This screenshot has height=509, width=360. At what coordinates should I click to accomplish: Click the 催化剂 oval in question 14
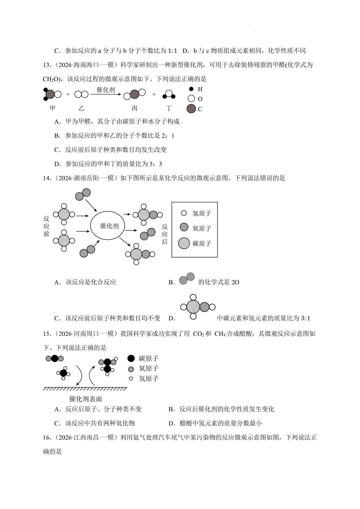tap(109, 226)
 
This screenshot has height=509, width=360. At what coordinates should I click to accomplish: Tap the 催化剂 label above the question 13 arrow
tap(106, 90)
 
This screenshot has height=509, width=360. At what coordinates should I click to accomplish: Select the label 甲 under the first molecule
tap(53, 108)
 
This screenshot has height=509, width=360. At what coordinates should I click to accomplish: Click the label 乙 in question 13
tap(81, 108)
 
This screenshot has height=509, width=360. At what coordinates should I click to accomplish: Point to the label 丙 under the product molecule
tap(134, 108)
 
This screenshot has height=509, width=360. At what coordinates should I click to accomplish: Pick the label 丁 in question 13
tap(169, 108)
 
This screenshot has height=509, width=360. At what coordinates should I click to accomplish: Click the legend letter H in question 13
tap(200, 89)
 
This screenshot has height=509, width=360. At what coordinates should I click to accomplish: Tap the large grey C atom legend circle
tap(191, 109)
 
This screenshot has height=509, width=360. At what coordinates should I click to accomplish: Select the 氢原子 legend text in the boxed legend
tap(202, 213)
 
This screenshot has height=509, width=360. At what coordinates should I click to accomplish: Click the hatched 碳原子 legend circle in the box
tap(184, 243)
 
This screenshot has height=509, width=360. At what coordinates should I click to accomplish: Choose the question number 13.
tap(47, 65)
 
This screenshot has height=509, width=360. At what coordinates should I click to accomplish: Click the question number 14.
tap(47, 178)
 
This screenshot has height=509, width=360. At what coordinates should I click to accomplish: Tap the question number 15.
tap(47, 334)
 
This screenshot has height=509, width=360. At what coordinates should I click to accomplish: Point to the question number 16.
tap(47, 437)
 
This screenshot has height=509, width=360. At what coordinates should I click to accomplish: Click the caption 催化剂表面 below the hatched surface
tap(86, 399)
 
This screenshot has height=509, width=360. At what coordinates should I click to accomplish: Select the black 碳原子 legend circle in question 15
tap(131, 358)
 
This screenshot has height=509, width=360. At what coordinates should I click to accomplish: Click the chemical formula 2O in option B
tap(235, 282)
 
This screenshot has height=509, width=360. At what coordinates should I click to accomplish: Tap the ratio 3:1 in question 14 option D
tap(305, 318)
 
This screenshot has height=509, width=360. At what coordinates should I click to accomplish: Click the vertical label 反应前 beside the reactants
tap(46, 226)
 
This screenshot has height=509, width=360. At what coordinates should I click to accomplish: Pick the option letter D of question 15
tap(172, 423)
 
